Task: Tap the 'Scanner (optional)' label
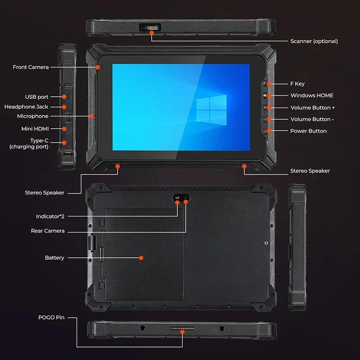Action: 314,41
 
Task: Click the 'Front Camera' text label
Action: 31,67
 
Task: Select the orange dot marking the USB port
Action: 64,97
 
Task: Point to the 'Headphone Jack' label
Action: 26,107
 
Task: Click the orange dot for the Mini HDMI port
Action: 64,129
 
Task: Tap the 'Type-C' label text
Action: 39,140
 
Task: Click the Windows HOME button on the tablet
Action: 265,95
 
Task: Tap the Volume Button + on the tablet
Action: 265,108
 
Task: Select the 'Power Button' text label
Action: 308,131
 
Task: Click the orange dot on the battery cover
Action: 141,258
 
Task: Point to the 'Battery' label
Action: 54,258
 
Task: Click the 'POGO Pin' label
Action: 52,318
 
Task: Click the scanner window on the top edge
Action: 150,27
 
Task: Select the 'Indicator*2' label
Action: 50,216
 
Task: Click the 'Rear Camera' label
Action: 48,231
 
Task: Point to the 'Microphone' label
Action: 32,116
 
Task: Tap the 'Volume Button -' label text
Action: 312,119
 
